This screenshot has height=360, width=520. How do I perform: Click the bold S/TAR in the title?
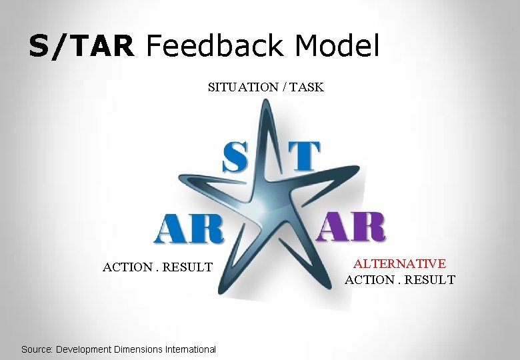point(81,47)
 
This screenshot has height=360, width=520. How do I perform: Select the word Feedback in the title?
point(207,47)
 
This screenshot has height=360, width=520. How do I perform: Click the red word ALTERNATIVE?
point(400,265)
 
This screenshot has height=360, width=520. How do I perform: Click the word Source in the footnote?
point(37,349)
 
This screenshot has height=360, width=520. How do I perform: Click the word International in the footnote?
point(194,349)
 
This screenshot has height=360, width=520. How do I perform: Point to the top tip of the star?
point(265,101)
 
